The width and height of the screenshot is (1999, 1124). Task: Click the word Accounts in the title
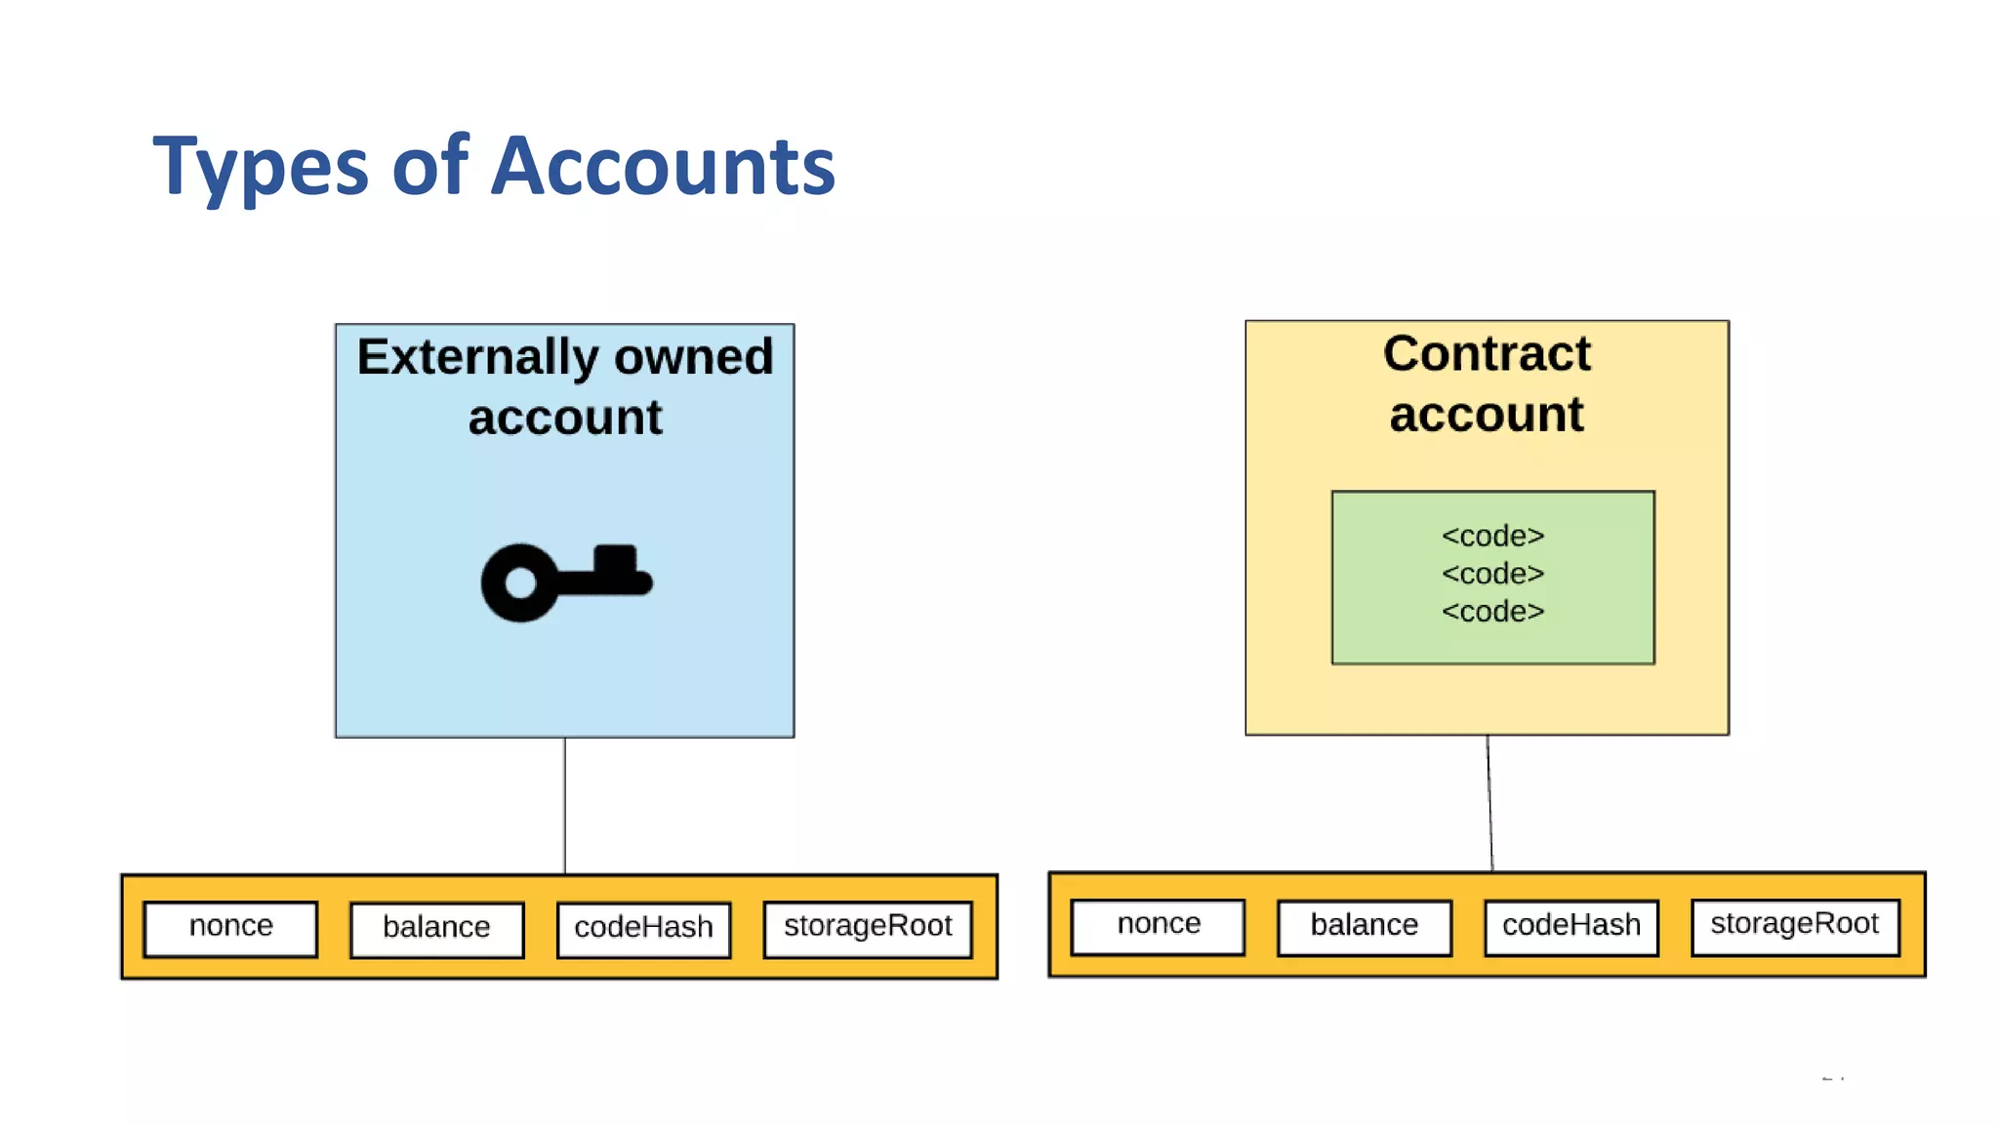(x=663, y=166)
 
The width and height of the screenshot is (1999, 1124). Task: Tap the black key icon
(x=566, y=582)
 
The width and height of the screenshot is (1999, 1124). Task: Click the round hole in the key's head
(x=520, y=583)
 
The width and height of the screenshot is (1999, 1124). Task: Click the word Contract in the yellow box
(x=1487, y=353)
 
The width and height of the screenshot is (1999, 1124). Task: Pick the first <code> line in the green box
(x=1492, y=537)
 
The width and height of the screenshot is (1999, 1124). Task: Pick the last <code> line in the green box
(x=1492, y=612)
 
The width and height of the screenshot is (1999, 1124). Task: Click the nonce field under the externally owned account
(x=230, y=927)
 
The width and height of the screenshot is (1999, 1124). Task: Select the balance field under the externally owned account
(x=436, y=928)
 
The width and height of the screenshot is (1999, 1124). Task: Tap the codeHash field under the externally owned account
(x=643, y=928)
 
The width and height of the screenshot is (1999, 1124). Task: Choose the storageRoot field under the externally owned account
(x=868, y=927)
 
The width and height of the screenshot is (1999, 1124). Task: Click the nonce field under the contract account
(x=1159, y=925)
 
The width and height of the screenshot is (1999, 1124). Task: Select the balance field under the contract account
(x=1364, y=926)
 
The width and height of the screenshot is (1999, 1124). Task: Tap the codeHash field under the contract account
(x=1571, y=926)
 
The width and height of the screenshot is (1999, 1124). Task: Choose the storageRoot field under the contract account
(x=1794, y=925)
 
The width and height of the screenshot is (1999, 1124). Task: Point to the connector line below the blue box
(x=565, y=805)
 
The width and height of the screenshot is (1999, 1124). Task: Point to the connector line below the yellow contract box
(x=1489, y=802)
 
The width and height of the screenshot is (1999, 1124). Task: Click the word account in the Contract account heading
(x=1487, y=415)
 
